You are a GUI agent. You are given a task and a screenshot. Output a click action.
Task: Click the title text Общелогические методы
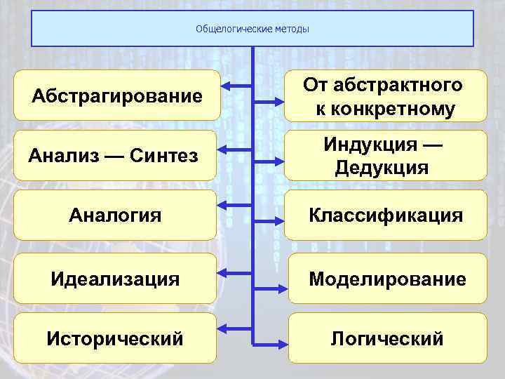tap(252, 29)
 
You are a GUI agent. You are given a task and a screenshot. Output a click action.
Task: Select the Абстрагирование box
tap(116, 95)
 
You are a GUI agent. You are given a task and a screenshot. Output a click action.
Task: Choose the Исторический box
tap(116, 338)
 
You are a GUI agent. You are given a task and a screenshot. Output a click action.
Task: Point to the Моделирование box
tap(387, 279)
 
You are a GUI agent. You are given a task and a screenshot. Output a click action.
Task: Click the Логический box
tap(387, 338)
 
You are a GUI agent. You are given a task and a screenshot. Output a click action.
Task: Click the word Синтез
tap(165, 155)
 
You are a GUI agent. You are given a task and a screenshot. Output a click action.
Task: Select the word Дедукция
tap(382, 168)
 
